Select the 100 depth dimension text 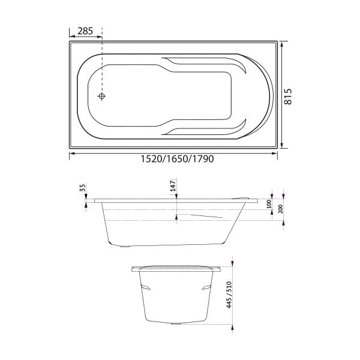coord(270,205)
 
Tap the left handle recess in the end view coord(145,288)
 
